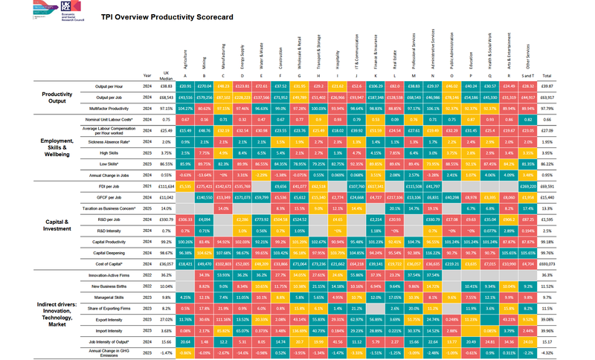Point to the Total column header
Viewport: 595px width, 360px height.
(x=547, y=76)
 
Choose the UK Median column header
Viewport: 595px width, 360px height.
(x=167, y=75)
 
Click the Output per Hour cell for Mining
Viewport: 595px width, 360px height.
(x=202, y=87)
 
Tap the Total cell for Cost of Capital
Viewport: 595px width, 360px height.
(x=547, y=264)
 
